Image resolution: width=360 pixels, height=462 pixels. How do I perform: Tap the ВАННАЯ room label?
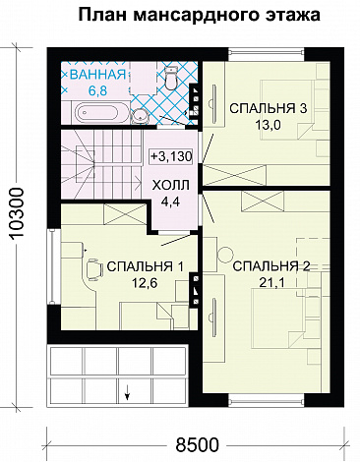[x=96, y=75]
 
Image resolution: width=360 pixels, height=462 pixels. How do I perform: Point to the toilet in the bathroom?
[x=169, y=77]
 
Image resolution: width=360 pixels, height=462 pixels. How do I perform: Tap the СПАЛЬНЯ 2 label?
[x=270, y=266]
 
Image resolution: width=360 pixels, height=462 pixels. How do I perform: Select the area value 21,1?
[x=270, y=284]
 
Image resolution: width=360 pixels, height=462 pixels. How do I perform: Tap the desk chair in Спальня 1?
[x=92, y=268]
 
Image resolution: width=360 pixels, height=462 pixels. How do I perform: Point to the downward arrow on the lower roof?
[x=127, y=396]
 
